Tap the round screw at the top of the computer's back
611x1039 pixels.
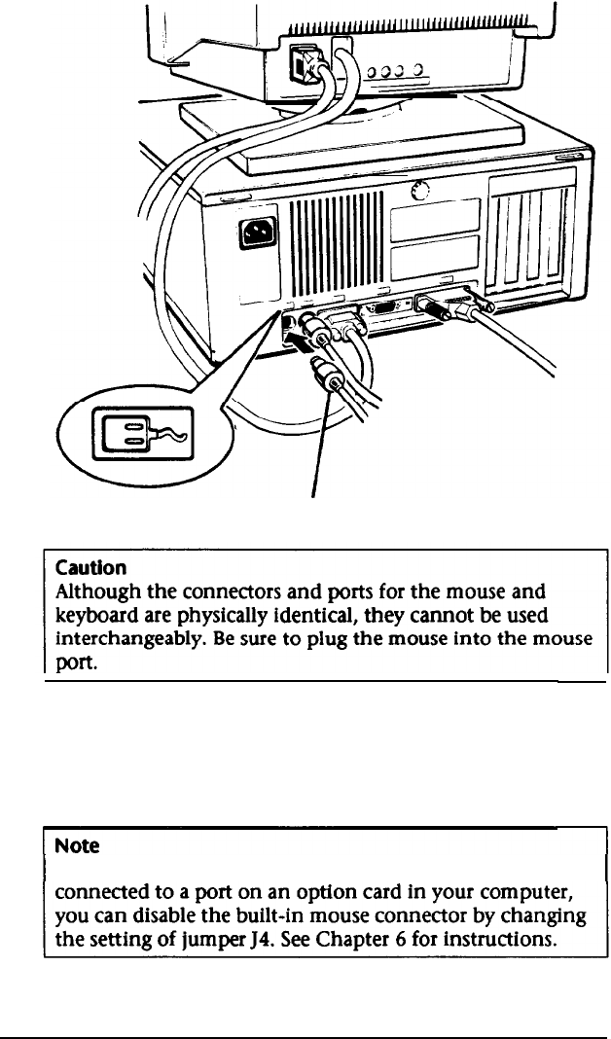(420, 191)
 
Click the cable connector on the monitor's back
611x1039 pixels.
(298, 66)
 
